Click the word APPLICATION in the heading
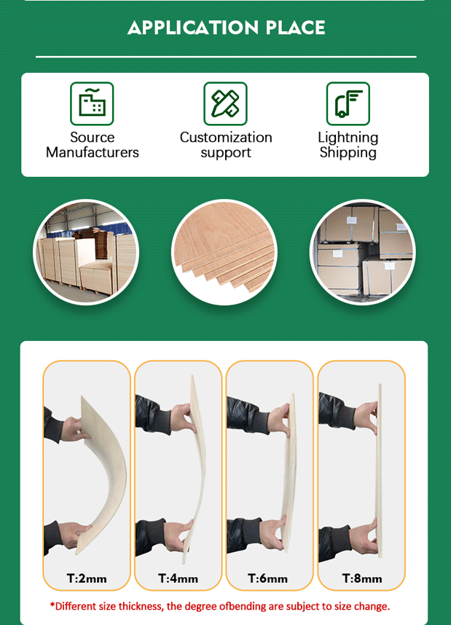click(193, 28)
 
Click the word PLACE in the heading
click(296, 28)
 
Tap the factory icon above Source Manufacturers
click(92, 103)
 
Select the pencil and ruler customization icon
click(225, 103)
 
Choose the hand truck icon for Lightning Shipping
click(348, 103)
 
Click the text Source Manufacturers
click(92, 145)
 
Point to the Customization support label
click(226, 145)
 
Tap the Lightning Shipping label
click(348, 145)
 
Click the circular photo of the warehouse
click(86, 252)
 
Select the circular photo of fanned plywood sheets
click(224, 252)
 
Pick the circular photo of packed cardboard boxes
click(362, 252)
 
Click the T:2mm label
click(87, 578)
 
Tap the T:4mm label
click(178, 578)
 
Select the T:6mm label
click(267, 578)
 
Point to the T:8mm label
click(362, 578)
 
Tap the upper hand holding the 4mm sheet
click(184, 419)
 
